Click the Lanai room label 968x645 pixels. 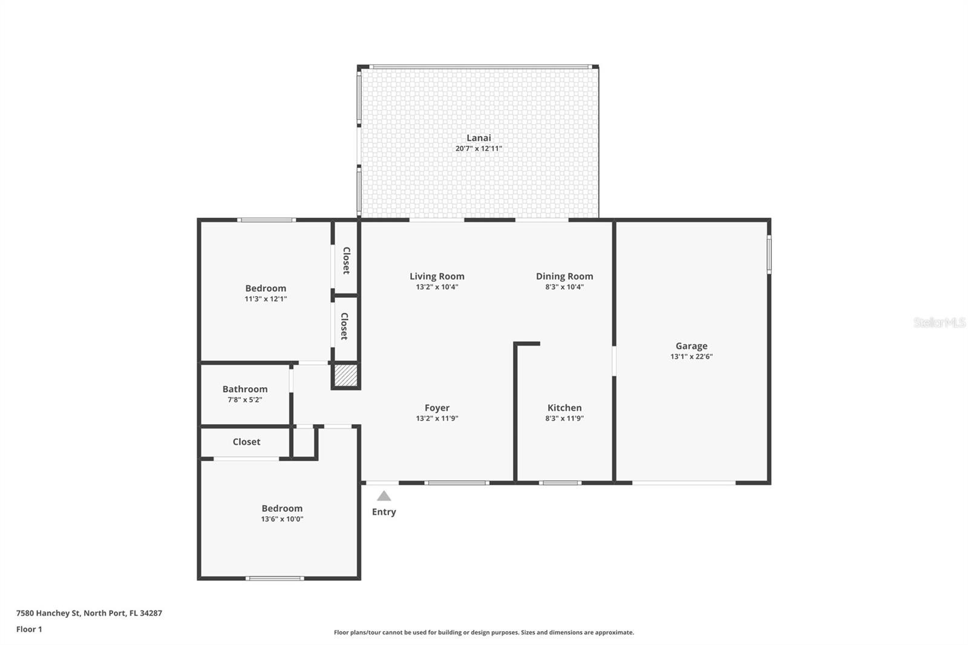coord(479,138)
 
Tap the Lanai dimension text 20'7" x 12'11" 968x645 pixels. coord(479,148)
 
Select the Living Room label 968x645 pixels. coord(437,277)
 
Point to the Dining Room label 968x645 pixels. coord(564,277)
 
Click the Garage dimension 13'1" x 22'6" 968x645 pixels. coord(692,356)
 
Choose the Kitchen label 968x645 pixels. coord(564,408)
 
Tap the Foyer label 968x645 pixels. coord(437,408)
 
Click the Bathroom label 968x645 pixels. coord(245,389)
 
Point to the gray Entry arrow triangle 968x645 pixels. coord(384,496)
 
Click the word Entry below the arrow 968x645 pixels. coord(384,512)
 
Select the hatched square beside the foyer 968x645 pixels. coord(346,376)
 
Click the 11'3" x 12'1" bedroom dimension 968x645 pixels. coord(266,299)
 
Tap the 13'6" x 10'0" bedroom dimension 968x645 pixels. coord(282,519)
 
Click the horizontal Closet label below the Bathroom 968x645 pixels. coord(246,442)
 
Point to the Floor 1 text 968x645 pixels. coord(29,629)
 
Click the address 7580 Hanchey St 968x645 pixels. coord(48,613)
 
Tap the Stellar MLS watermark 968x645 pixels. coord(940,322)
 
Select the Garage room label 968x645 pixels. coord(692,346)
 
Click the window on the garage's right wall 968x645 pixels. coord(769,254)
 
